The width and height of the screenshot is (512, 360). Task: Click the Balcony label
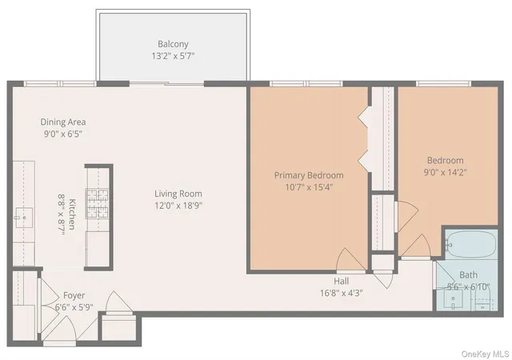pos(173,44)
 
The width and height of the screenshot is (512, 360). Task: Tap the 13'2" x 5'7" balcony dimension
pos(173,56)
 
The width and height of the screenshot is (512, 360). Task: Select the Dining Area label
pos(63,122)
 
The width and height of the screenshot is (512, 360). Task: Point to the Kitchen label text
pos(72,214)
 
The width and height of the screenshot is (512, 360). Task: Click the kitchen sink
pos(24,218)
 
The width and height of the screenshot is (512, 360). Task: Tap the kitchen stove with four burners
pos(97,203)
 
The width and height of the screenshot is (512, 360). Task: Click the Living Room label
pos(178,194)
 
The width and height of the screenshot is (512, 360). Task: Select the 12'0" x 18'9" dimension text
pos(178,206)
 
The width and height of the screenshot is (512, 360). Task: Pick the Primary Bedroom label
pos(309,175)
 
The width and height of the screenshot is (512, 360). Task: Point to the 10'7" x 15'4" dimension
pos(309,187)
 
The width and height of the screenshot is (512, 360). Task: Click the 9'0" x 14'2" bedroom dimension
pos(446,172)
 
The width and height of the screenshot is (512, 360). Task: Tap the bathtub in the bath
pos(470,245)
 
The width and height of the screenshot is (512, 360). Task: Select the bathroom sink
pos(454,299)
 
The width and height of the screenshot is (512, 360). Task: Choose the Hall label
pos(342,281)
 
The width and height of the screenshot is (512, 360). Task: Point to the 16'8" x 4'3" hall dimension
pos(342,293)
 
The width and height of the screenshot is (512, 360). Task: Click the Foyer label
pos(74,295)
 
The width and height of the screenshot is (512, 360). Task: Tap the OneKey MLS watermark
pos(486,354)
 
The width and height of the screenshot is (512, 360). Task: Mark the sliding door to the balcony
pos(167,84)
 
